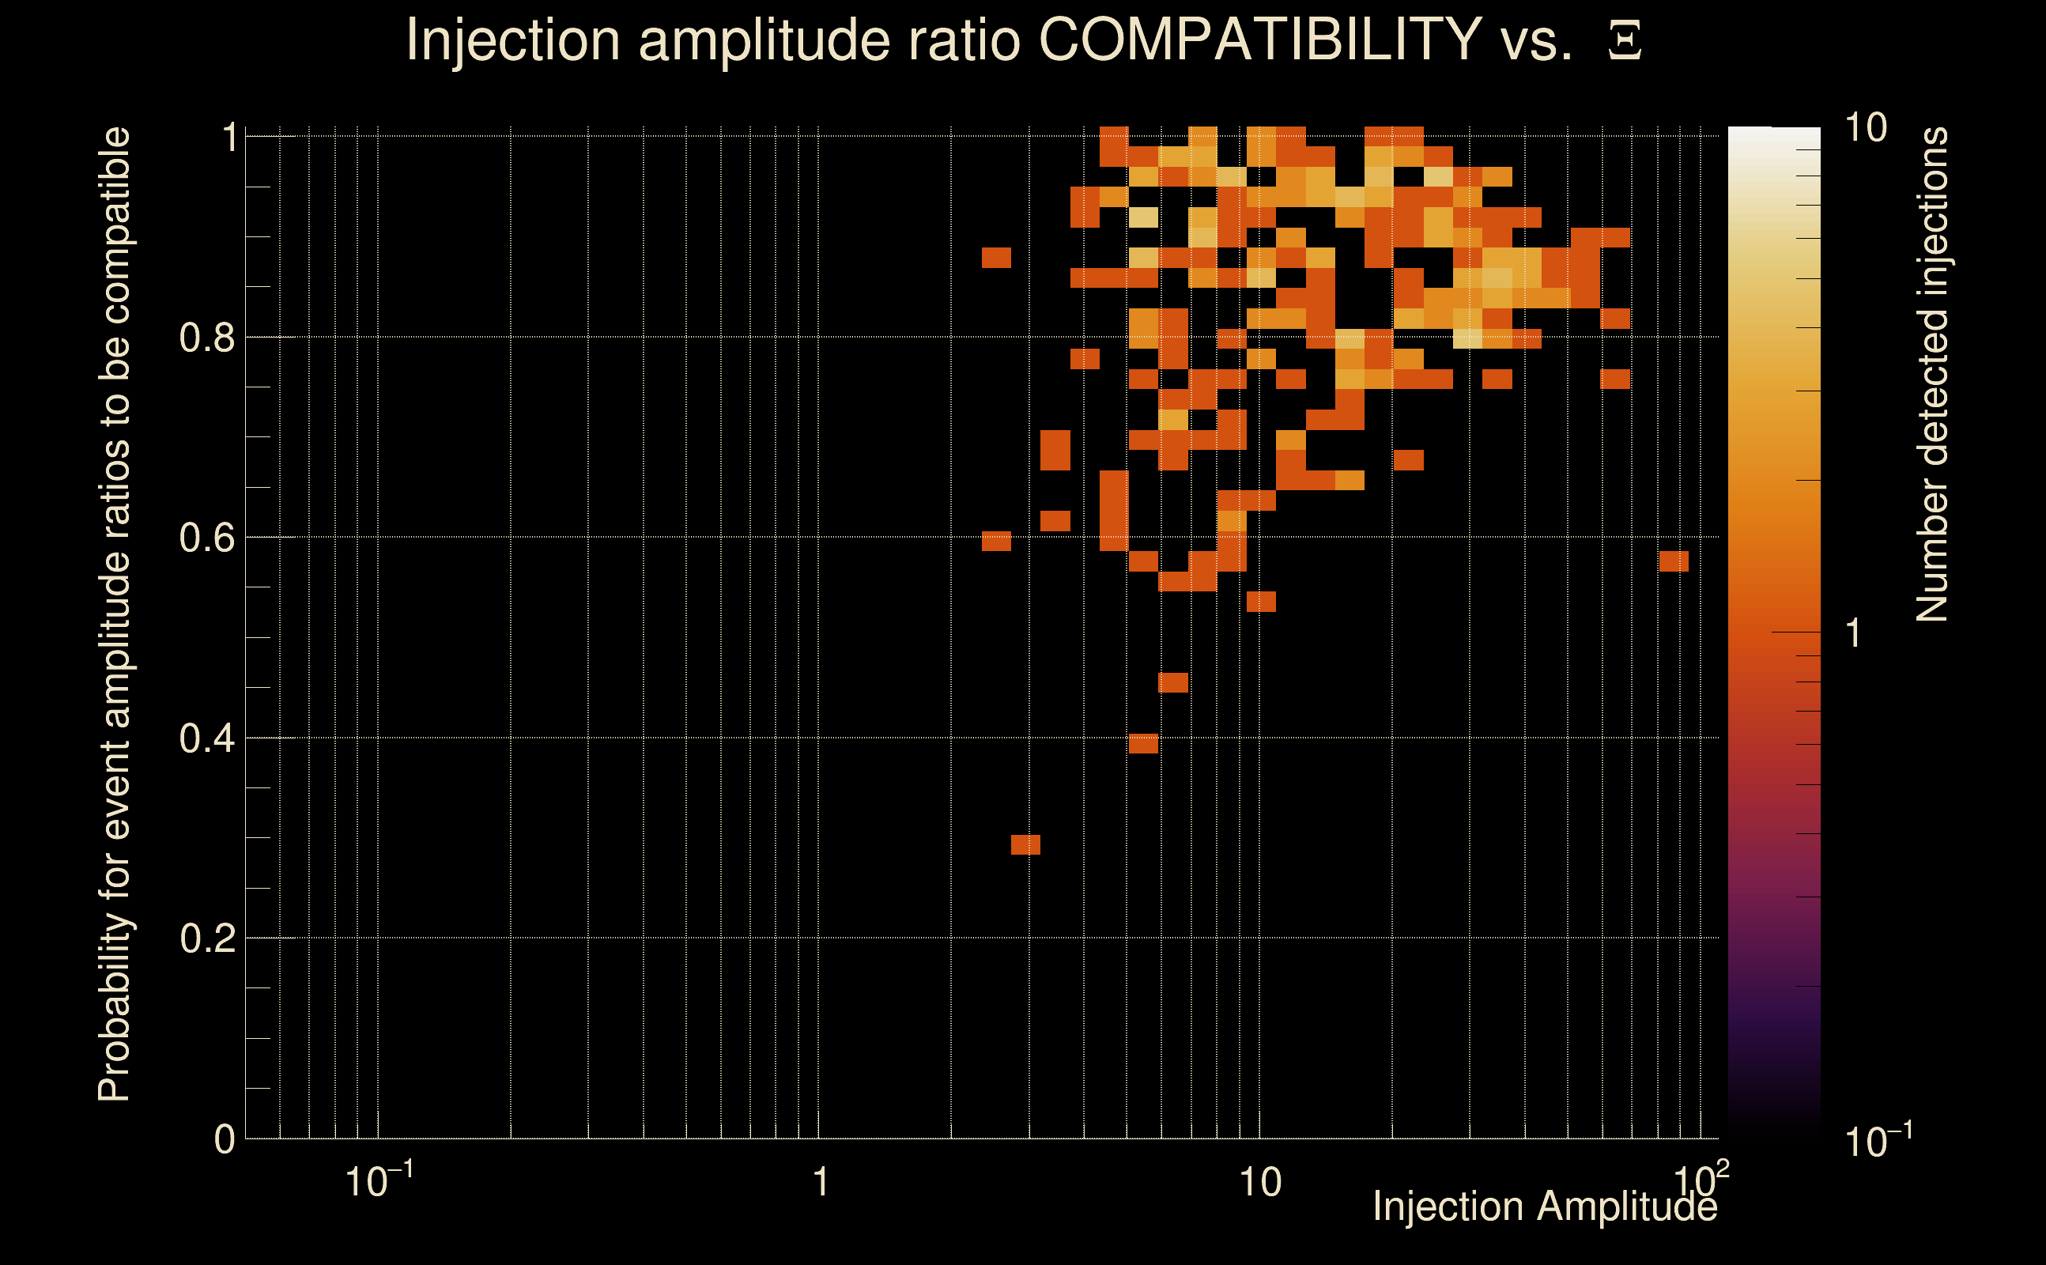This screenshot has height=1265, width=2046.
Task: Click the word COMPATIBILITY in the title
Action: tap(1259, 40)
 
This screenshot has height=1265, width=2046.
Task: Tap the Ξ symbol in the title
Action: tap(1625, 41)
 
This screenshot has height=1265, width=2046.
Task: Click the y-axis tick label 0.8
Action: tap(207, 338)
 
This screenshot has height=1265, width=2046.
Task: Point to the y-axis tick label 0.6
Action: tap(207, 538)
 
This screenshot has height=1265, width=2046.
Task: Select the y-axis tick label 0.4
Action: tap(207, 738)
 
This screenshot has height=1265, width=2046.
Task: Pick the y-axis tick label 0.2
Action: tap(207, 938)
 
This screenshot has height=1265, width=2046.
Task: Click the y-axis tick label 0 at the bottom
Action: tap(225, 1139)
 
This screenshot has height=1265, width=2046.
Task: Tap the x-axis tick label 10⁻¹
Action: tap(378, 1181)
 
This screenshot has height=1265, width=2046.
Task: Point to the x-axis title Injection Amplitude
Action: tap(1544, 1207)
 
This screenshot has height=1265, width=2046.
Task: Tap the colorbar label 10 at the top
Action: tap(1865, 129)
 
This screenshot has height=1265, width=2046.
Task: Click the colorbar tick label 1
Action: tap(1854, 633)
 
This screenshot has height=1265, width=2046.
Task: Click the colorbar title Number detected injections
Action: tap(1931, 374)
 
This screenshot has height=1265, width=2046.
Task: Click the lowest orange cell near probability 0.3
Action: tap(1025, 845)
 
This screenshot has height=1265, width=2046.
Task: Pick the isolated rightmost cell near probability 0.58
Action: tap(1674, 561)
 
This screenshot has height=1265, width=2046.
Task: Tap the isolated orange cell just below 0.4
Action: tap(1143, 744)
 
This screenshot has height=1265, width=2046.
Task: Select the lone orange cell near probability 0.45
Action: tap(1172, 682)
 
